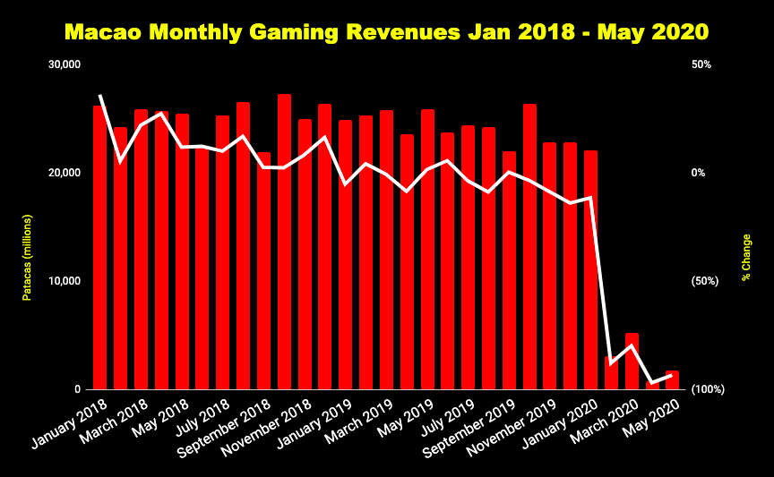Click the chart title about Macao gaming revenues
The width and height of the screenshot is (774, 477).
387,32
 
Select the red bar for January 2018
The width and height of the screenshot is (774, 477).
100,251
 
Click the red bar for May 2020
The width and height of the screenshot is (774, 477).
672,381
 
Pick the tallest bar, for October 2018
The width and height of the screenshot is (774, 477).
284,242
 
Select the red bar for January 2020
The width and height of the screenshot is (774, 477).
590,268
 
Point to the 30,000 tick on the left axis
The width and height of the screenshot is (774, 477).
64,64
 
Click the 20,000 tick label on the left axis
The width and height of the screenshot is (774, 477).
64,173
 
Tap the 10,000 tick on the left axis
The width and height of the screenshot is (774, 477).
64,281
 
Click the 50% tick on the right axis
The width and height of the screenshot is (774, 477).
703,64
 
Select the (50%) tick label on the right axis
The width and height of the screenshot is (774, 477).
705,281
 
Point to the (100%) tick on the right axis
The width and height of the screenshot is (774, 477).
707,389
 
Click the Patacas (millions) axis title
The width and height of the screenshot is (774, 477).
28,258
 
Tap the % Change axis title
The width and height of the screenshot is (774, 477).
746,258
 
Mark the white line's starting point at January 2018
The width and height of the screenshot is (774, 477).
100,95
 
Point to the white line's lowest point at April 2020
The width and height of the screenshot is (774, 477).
652,383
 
